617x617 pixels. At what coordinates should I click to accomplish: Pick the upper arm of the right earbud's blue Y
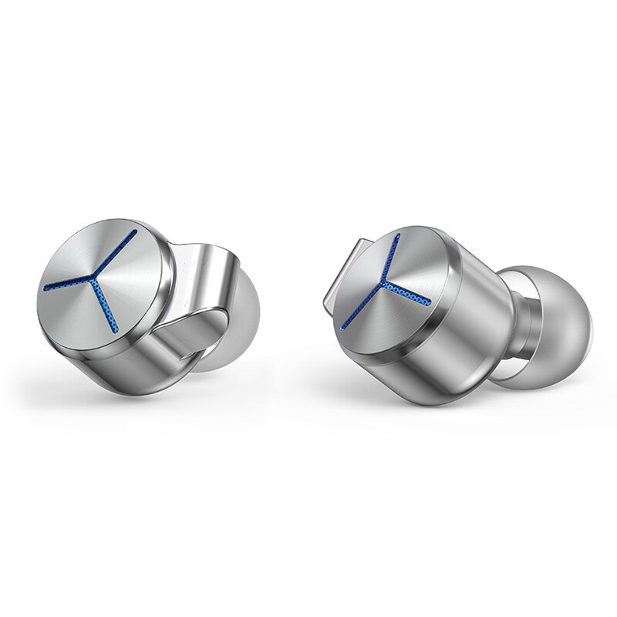[x=394, y=258]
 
